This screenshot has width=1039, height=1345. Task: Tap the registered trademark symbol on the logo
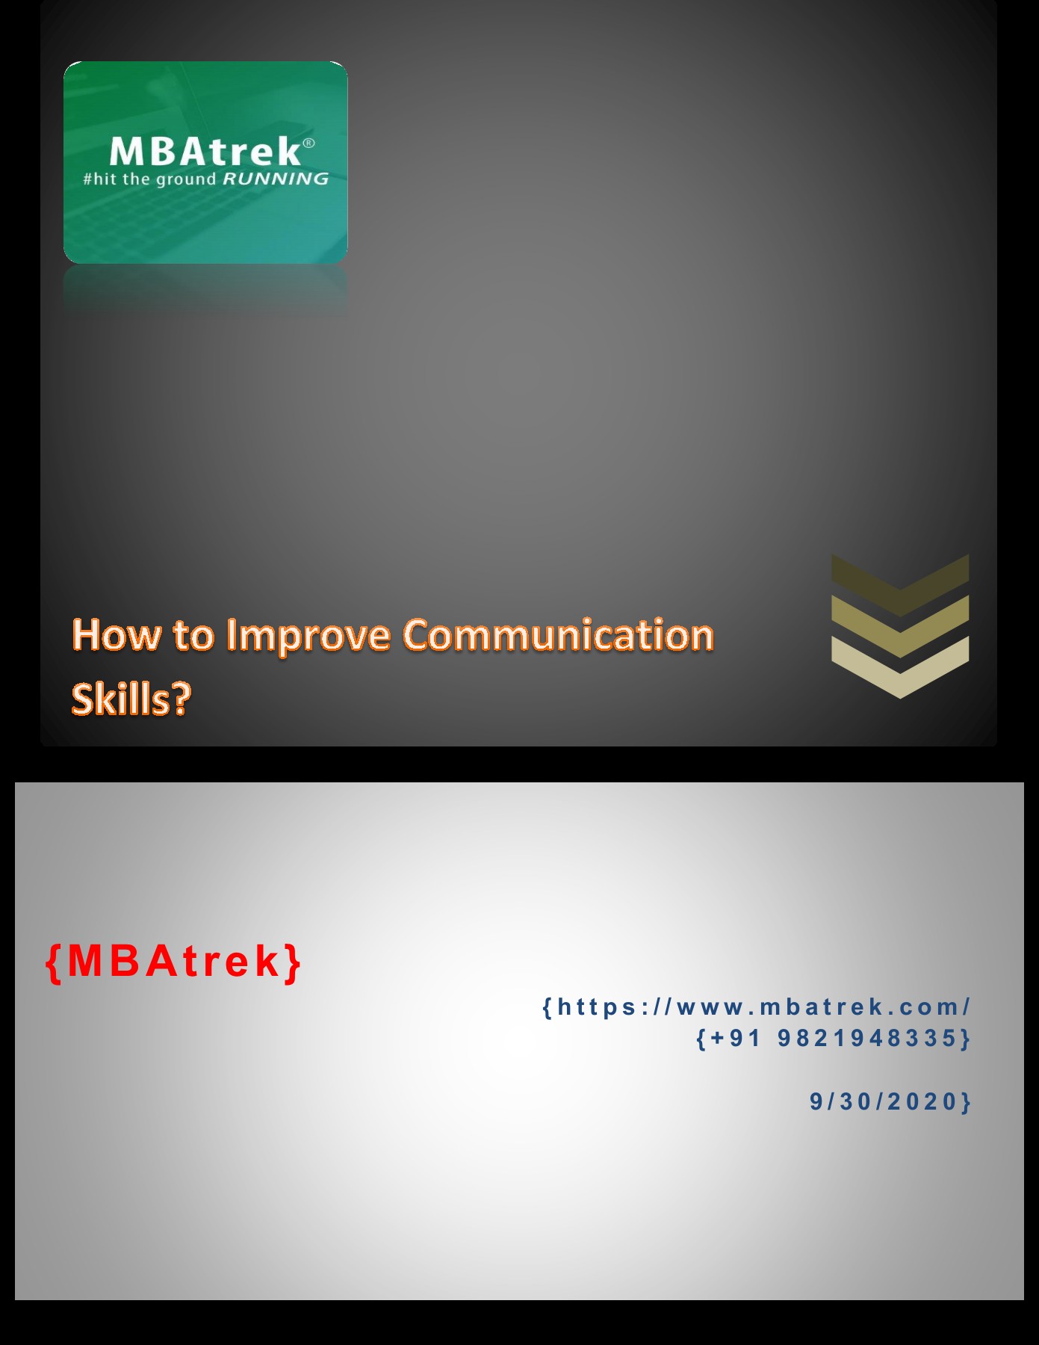[x=308, y=143]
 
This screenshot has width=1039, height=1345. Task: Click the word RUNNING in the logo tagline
[x=276, y=179]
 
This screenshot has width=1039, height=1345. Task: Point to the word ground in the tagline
[x=185, y=179]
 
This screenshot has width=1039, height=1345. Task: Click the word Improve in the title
[x=308, y=637]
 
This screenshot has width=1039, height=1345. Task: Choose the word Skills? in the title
[x=131, y=699]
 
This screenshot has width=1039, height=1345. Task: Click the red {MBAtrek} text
[x=173, y=961]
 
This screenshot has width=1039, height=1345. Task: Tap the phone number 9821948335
[x=867, y=1038]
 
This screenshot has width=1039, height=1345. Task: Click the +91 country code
[x=736, y=1038]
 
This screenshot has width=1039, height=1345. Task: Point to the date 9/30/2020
[x=884, y=1101]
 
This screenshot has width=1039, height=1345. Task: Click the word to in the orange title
[x=193, y=636]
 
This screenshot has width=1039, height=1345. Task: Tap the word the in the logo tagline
[x=136, y=179]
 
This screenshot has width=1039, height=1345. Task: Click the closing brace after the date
[x=965, y=1102]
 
